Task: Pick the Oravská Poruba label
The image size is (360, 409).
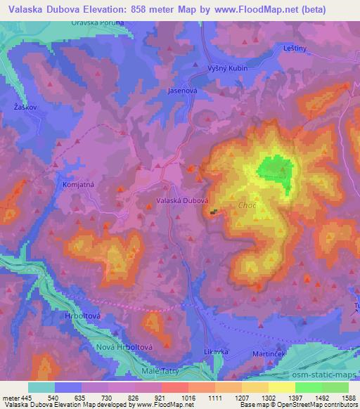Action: pyautogui.click(x=98, y=23)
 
